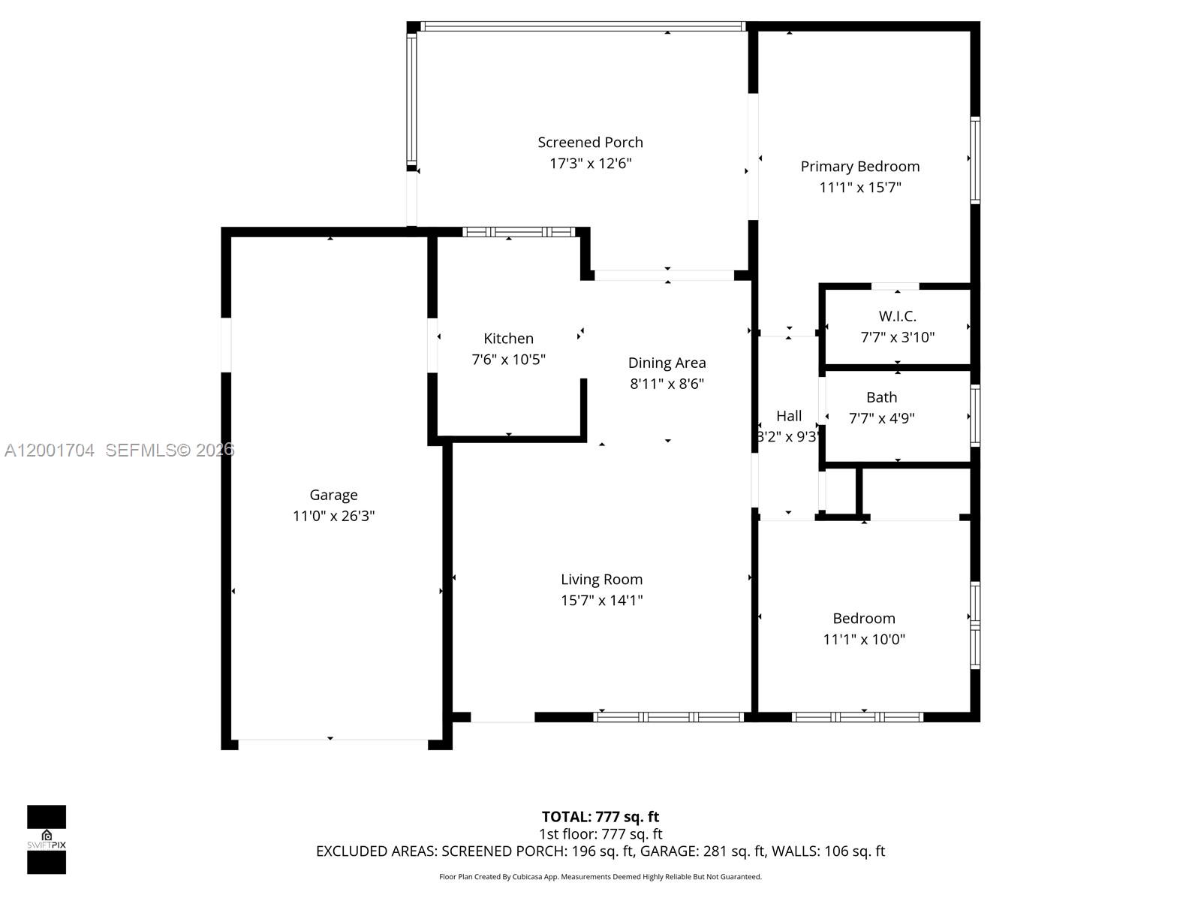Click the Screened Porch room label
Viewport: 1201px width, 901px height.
click(590, 142)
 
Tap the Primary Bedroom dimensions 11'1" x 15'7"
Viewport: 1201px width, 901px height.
click(859, 187)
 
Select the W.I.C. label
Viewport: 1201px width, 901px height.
click(897, 316)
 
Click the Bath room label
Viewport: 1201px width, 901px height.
click(881, 397)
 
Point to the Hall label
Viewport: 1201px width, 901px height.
click(788, 416)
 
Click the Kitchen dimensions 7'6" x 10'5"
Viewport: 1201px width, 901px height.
click(508, 360)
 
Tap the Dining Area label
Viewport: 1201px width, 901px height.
click(667, 363)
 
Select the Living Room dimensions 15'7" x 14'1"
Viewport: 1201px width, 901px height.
click(601, 600)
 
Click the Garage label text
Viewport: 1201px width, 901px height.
click(333, 495)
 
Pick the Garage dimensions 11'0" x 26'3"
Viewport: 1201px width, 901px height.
click(333, 516)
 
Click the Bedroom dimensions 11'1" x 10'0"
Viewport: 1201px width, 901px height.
click(863, 640)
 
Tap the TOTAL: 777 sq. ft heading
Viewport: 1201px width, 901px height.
click(600, 816)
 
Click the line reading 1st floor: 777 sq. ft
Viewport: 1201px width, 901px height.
click(600, 833)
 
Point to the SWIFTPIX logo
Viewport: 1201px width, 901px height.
click(47, 839)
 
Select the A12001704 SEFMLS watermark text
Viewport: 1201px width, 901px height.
click(119, 450)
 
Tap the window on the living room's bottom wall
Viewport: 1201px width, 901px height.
click(668, 717)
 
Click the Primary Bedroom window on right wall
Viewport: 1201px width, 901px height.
click(975, 160)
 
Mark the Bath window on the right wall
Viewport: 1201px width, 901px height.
click(975, 415)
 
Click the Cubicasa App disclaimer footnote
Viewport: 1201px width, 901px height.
click(600, 876)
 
